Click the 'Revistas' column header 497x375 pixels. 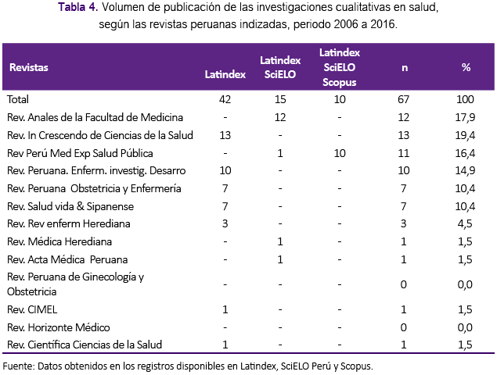[29, 67]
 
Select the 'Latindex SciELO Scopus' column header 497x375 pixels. [340, 67]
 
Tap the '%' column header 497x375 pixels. [466, 67]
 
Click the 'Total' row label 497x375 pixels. [18, 99]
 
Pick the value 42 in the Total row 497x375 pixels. [225, 99]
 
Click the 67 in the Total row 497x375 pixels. [403, 99]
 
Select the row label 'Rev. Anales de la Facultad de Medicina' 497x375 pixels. [95, 117]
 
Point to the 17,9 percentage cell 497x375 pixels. [465, 118]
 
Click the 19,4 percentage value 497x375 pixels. [465, 135]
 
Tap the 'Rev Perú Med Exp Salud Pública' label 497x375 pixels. [80, 153]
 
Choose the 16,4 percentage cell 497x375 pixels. [465, 153]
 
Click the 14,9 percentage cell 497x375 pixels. [465, 171]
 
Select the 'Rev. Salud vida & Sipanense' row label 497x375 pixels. [70, 206]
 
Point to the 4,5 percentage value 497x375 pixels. [465, 224]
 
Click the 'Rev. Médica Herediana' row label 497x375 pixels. [59, 241]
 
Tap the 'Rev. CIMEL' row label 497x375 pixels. [32, 309]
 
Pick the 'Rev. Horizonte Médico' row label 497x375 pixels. [59, 327]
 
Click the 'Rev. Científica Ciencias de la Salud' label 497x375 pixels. [85, 345]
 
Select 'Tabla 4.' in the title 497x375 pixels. [78, 7]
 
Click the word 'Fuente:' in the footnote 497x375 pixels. [18, 366]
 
